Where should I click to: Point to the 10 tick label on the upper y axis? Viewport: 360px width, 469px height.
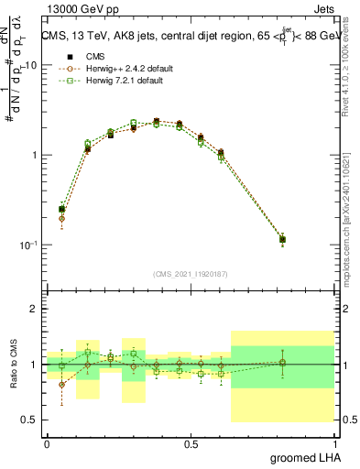pyautogui.click(x=31, y=66)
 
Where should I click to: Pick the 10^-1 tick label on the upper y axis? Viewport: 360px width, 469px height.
pyautogui.click(x=29, y=245)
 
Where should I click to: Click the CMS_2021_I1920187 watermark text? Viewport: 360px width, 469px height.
pyautogui.click(x=190, y=273)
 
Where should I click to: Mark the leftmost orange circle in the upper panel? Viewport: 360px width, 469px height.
pyautogui.click(x=61, y=219)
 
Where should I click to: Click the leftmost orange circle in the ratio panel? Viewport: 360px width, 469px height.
pyautogui.click(x=61, y=385)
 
